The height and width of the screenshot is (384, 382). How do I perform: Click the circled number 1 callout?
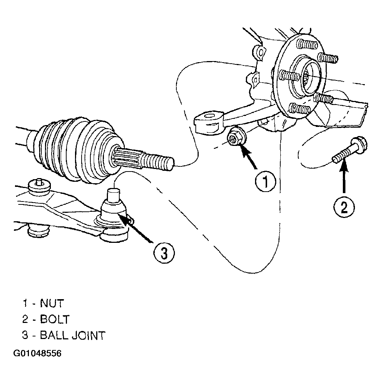coord(266,182)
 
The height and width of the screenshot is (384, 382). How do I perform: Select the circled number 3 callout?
coord(164,253)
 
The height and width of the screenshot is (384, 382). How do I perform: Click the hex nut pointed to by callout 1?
coord(236,139)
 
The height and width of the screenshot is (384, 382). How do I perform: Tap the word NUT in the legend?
coord(52,303)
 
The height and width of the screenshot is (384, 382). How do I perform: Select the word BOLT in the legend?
coord(55,319)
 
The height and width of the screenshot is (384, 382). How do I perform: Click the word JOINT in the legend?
coord(89,335)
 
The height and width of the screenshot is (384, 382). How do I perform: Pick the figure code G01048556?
coord(37,353)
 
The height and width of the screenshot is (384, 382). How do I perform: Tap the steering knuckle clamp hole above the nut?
coord(209,116)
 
